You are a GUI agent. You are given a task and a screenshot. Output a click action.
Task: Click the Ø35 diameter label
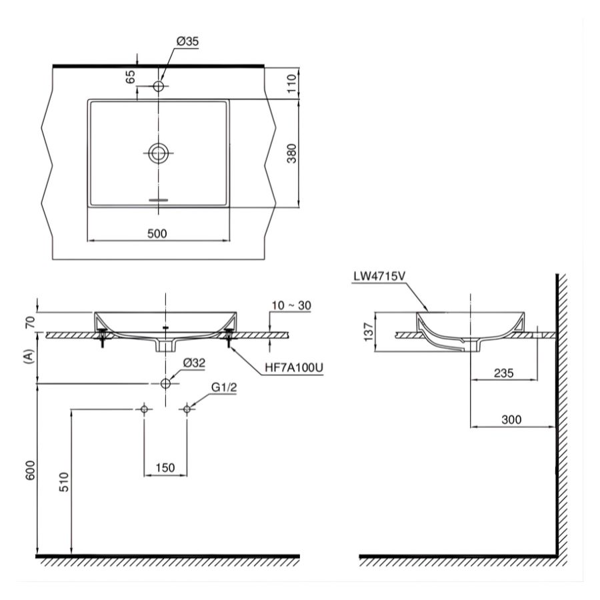click(x=188, y=41)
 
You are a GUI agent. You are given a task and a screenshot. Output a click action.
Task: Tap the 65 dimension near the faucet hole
click(x=131, y=77)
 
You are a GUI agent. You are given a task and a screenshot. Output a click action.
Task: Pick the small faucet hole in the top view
click(x=159, y=86)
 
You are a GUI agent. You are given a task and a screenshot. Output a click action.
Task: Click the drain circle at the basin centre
click(x=159, y=153)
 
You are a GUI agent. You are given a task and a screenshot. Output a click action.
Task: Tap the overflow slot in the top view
click(x=159, y=199)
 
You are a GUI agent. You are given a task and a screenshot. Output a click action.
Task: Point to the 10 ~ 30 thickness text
click(x=291, y=306)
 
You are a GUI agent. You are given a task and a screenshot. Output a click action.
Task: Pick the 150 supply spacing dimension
click(x=165, y=467)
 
